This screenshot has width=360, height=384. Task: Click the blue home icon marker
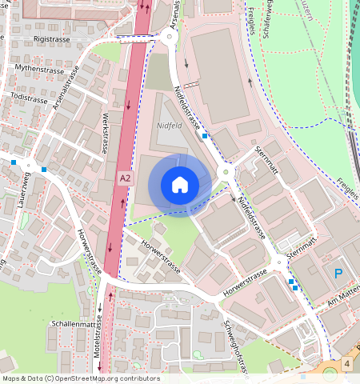click(180, 186)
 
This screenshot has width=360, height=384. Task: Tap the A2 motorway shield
click(125, 178)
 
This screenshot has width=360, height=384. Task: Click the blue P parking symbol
click(338, 274)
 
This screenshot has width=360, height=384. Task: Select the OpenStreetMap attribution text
click(81, 378)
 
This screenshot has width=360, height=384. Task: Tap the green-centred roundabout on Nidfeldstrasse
click(226, 170)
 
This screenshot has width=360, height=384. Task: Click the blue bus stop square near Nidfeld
click(206, 136)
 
